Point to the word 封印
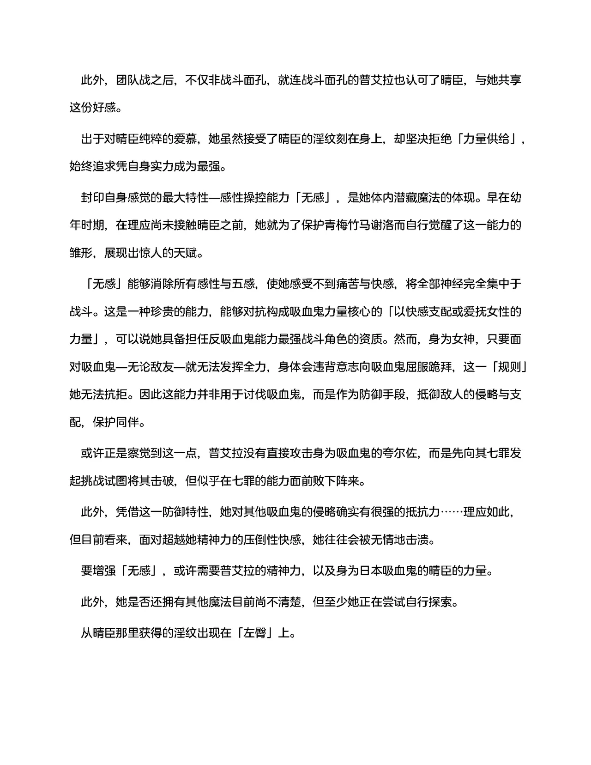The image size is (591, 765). tap(93, 198)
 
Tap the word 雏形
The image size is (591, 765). tap(81, 253)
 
